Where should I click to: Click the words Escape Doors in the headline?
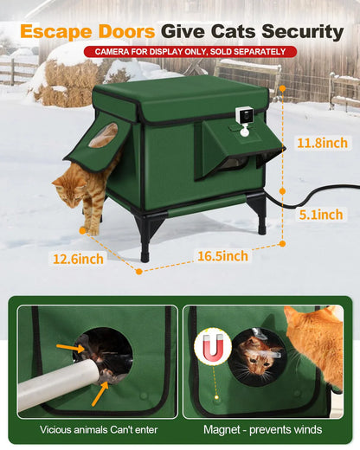tap(87, 32)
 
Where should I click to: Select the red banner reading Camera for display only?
tap(190, 52)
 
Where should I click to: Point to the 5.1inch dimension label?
tap(319, 214)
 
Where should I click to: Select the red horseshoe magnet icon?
tap(213, 344)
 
